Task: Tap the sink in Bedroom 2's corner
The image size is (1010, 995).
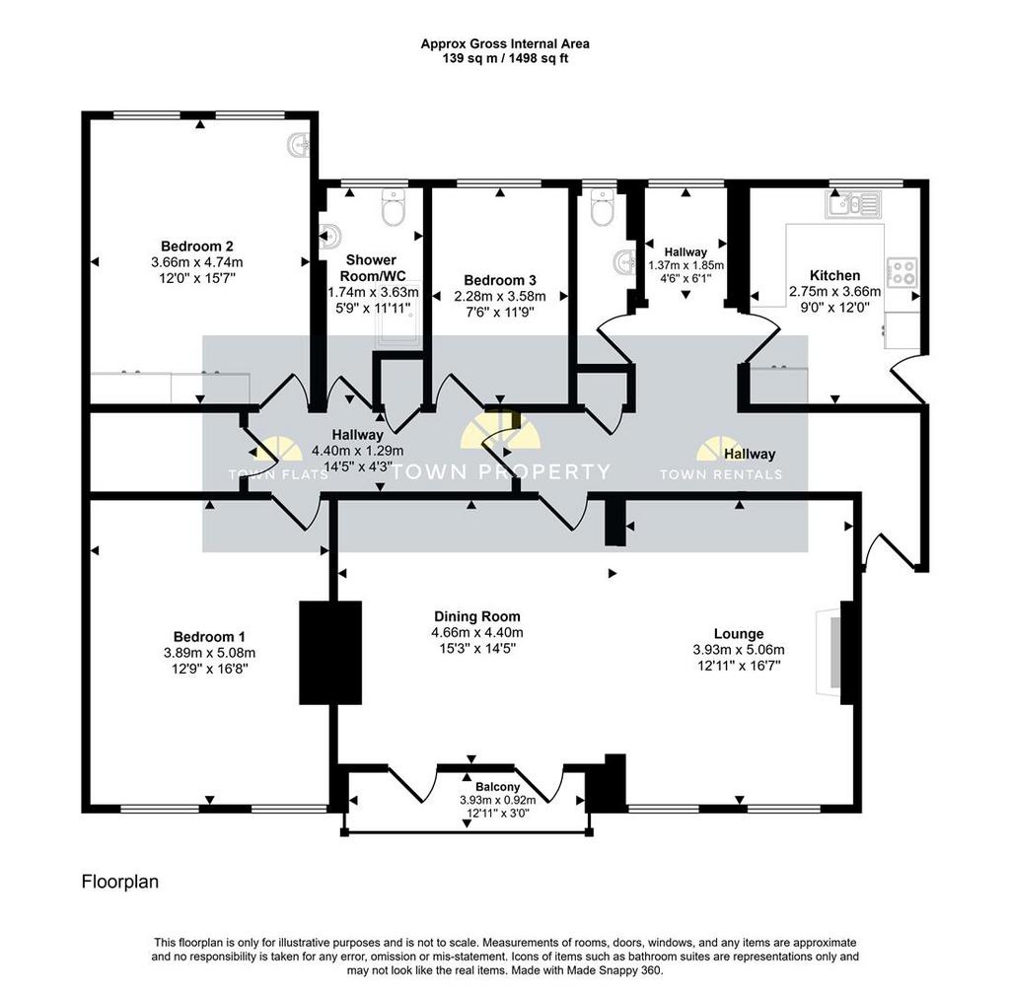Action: [x=298, y=145]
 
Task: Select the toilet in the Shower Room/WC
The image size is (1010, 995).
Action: [x=393, y=207]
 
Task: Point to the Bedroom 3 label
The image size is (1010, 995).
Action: [x=500, y=280]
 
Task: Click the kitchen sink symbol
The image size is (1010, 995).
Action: [x=853, y=204]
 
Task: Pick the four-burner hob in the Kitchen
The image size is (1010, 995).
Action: [x=902, y=272]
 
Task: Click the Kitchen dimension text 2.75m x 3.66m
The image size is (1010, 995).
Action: [x=834, y=292]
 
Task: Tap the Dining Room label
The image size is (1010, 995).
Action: [x=477, y=616]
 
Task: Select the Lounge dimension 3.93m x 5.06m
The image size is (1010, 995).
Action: [x=739, y=650]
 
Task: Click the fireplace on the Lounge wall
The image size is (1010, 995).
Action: [x=829, y=653]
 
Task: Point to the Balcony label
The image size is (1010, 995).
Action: [x=497, y=787]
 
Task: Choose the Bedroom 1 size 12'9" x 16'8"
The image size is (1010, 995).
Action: [x=210, y=669]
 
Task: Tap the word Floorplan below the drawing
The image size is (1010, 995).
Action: [x=119, y=882]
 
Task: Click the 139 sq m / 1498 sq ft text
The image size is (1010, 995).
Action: [x=505, y=58]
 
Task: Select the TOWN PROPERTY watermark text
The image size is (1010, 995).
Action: [x=500, y=472]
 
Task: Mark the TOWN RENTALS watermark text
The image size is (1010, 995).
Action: [x=721, y=474]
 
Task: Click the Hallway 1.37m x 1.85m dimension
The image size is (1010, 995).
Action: [x=686, y=265]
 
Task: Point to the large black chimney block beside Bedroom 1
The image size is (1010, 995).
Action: [x=330, y=653]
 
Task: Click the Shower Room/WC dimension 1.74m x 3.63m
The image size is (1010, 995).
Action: [x=374, y=292]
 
